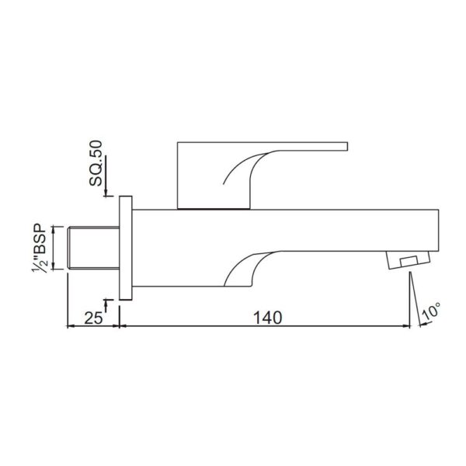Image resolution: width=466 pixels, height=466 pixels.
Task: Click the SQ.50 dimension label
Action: click(96, 163)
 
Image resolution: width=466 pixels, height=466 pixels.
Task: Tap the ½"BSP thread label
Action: click(40, 249)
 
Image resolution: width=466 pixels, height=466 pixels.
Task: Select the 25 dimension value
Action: click(94, 318)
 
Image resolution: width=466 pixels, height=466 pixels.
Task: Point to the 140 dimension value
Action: click(267, 318)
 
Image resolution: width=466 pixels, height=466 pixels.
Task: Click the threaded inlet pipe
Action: click(94, 248)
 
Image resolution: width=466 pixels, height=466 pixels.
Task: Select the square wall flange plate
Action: click(126, 248)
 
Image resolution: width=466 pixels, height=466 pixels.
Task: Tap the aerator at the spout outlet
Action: click(408, 260)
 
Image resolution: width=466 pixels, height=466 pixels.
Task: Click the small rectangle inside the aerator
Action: click(409, 261)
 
